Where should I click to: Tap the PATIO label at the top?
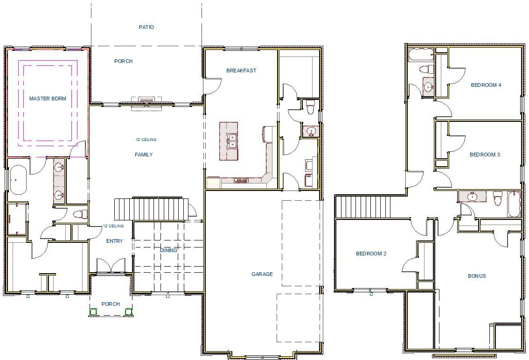[x=146, y=27]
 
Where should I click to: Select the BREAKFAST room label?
[x=241, y=71]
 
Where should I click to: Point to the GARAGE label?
[x=262, y=274]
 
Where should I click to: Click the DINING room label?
[x=168, y=250]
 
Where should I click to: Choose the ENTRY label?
[x=115, y=241]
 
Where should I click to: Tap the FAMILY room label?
[x=144, y=155]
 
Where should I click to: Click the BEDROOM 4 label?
[x=486, y=85]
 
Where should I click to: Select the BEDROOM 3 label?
[x=485, y=155]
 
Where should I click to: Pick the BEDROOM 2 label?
[x=371, y=254]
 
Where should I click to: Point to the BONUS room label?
[x=477, y=276]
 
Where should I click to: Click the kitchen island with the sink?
[x=229, y=141]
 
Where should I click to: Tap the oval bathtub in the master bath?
[x=18, y=180]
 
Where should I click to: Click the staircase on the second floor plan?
[x=363, y=207]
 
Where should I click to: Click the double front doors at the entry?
[x=111, y=267]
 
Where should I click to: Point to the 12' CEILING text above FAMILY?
[x=146, y=140]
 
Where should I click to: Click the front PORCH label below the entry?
[x=111, y=304]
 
